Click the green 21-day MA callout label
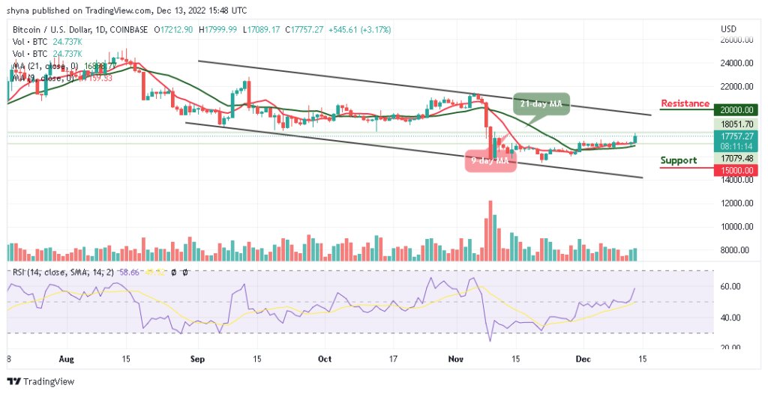click(541, 103)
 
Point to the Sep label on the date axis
click(197, 359)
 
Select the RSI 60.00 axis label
click(731, 287)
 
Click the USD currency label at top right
click(728, 28)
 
